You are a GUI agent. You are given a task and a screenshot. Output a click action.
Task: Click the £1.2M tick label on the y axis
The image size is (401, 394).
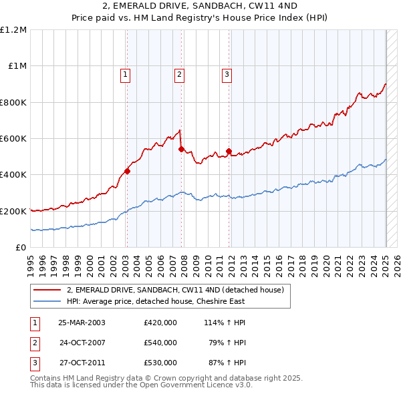(13, 29)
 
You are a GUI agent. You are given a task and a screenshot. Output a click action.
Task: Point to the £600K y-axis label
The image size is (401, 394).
(13, 138)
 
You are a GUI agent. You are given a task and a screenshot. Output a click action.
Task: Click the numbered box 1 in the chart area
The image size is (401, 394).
(126, 75)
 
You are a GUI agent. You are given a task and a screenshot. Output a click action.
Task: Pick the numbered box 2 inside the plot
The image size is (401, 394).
(180, 75)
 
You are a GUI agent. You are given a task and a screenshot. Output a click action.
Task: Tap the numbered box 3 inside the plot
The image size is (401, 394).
(227, 75)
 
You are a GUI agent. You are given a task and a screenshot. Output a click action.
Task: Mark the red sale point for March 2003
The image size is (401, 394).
(127, 171)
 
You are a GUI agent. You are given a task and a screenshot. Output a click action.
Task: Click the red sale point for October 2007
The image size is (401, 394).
(181, 150)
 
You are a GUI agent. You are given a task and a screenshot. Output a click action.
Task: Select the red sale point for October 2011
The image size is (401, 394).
(229, 152)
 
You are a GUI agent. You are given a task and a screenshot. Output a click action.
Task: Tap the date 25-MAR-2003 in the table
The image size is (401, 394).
(82, 323)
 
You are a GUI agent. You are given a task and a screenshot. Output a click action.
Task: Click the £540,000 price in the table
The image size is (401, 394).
(160, 343)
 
